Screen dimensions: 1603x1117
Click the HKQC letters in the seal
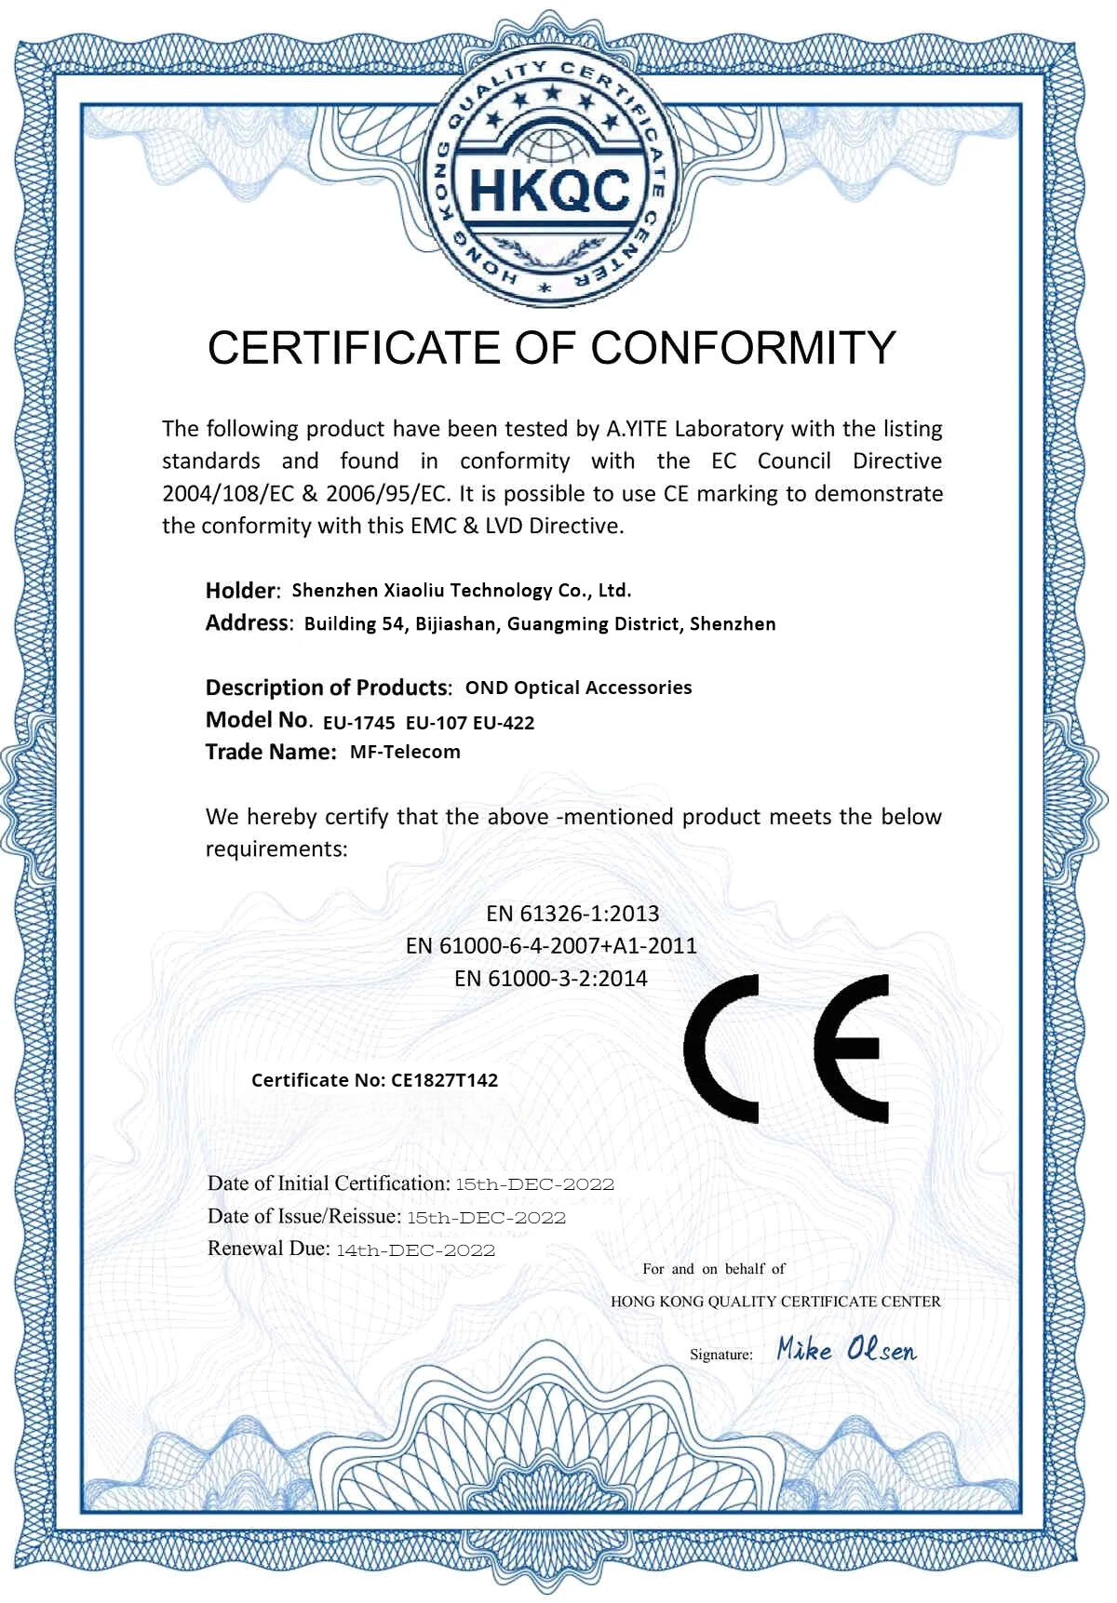[x=550, y=192]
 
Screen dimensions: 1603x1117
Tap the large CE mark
[x=787, y=1049]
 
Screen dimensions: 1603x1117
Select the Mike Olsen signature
[x=846, y=1350]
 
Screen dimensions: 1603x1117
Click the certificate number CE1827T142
[x=444, y=1080]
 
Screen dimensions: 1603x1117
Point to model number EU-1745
[x=358, y=723]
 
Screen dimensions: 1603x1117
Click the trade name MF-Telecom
[x=405, y=752]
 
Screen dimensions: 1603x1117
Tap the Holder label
[x=241, y=591]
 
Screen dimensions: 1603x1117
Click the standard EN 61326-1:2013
[x=572, y=914]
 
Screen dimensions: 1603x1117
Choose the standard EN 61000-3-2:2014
[x=551, y=979]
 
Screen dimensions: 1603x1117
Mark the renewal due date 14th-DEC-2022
[x=415, y=1250]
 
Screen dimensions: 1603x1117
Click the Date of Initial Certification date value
[x=534, y=1185]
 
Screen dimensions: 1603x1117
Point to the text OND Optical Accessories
[x=578, y=688]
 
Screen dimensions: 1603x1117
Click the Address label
[x=248, y=623]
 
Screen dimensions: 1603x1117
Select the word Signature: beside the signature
[x=721, y=1355]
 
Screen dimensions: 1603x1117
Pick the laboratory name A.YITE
[x=638, y=429]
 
